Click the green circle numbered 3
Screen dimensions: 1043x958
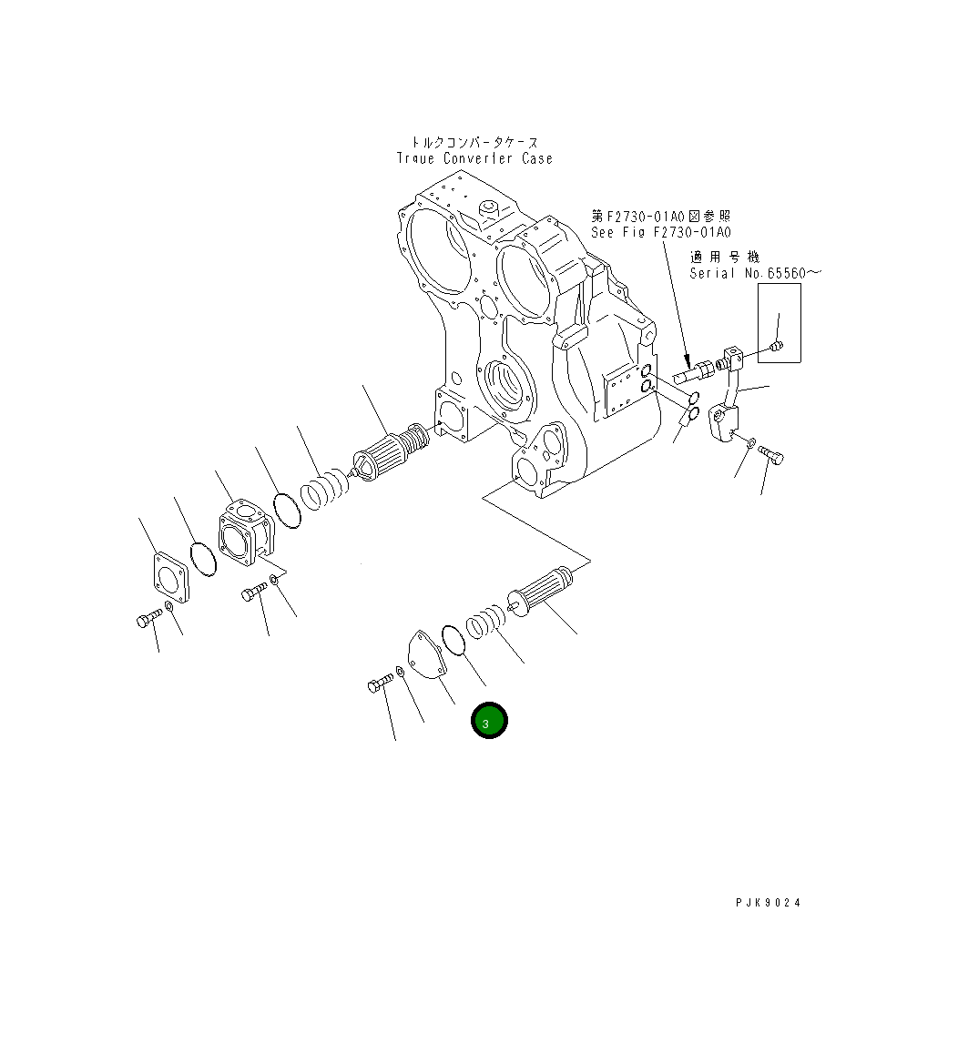(489, 721)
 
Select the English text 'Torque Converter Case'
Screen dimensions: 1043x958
(474, 158)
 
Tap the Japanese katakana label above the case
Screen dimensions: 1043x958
(474, 142)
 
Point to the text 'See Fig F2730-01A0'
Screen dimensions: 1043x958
(660, 232)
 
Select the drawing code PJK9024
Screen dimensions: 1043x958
(769, 903)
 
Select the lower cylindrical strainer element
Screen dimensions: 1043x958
(541, 593)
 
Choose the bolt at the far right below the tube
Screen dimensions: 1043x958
(770, 452)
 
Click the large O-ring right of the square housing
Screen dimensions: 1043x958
(287, 510)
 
